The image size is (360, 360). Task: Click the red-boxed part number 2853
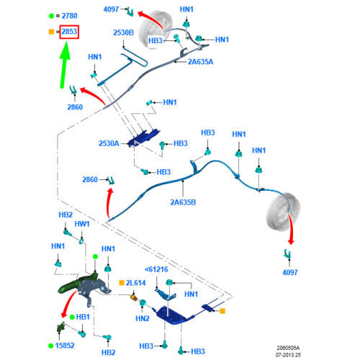[x=69, y=32]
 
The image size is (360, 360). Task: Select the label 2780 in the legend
[x=70, y=16]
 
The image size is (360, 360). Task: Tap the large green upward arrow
[x=65, y=65]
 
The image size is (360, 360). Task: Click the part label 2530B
[x=123, y=32]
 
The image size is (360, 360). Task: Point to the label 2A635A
[x=200, y=62]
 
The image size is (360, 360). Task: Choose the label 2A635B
[x=183, y=202]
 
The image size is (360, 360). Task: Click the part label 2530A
[x=109, y=143]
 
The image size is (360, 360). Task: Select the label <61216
[x=156, y=269]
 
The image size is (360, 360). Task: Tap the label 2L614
[x=135, y=283]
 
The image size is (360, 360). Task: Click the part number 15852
[x=65, y=346]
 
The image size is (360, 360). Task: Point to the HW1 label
[x=82, y=224]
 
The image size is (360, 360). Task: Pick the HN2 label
[x=143, y=318]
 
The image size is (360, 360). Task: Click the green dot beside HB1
[x=72, y=318]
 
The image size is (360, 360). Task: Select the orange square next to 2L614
[x=122, y=283]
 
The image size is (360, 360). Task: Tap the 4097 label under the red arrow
[x=290, y=272]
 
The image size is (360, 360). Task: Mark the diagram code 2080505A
[x=288, y=348]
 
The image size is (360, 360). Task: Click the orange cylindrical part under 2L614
[x=134, y=298]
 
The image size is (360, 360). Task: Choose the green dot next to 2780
[x=51, y=16]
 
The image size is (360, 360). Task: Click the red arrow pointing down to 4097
[x=291, y=229]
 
